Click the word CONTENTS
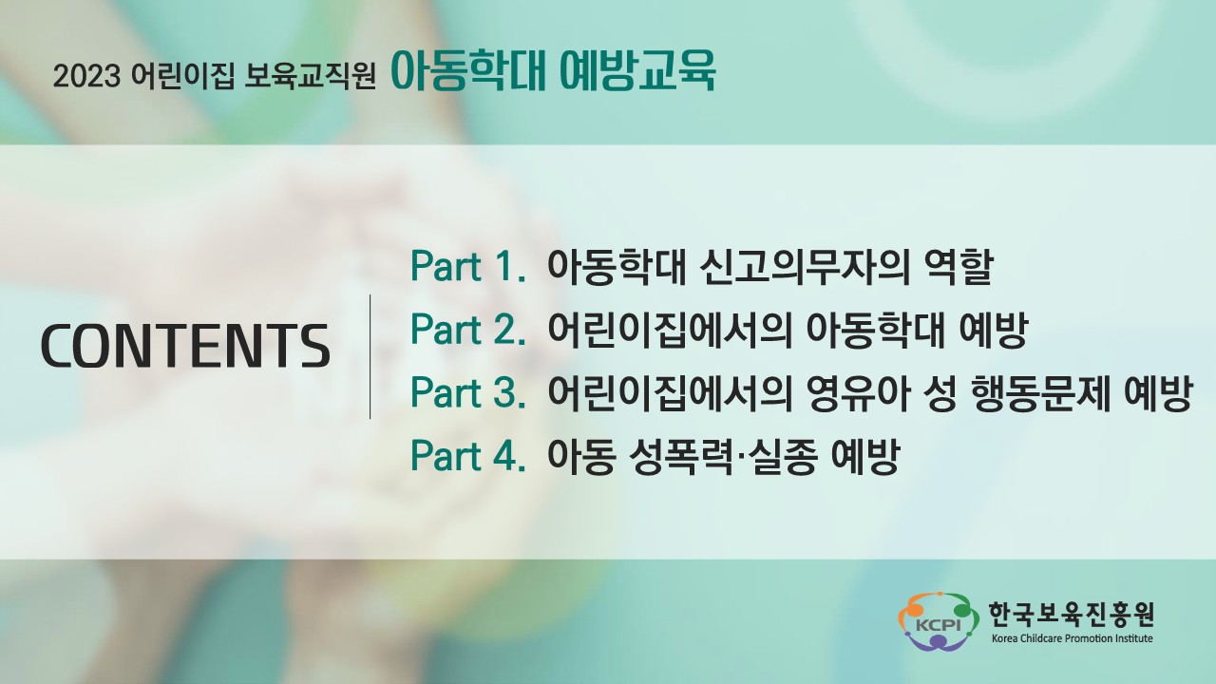pos(185,346)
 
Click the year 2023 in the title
pos(86,77)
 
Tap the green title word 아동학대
pos(467,72)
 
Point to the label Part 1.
pos(468,267)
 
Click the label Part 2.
pos(468,330)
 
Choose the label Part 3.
pos(468,392)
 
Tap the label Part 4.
pos(468,455)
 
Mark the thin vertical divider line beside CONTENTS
pos(370,356)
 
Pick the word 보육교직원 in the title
pos(310,77)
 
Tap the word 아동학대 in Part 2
pos(875,331)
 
